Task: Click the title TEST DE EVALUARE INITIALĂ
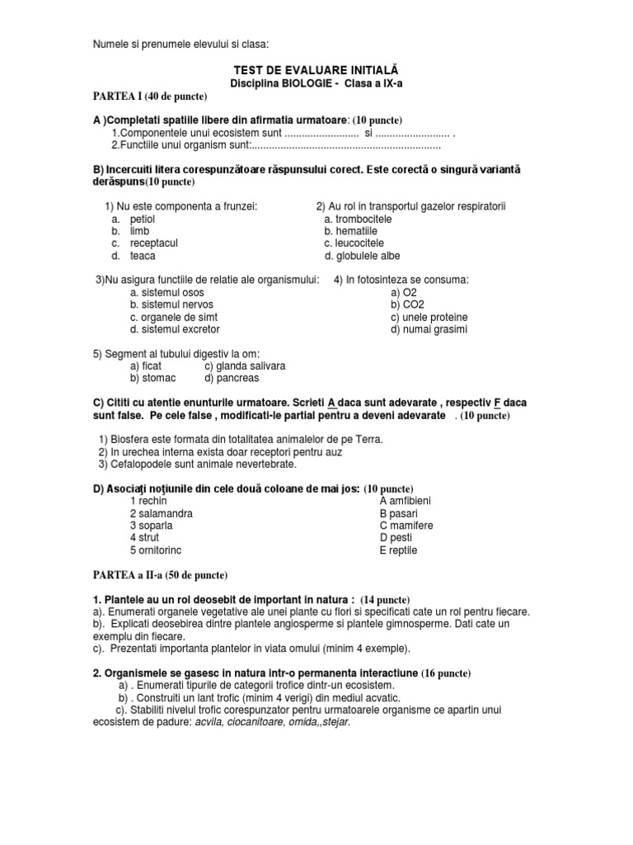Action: point(317,72)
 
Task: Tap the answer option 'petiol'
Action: point(143,219)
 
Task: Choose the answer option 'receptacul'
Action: point(154,243)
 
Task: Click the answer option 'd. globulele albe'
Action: point(362,256)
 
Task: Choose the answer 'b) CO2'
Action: point(405,304)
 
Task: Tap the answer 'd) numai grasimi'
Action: point(429,329)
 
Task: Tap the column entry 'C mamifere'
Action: point(406,526)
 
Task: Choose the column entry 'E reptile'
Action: point(398,550)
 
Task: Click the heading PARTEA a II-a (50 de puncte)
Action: point(159,574)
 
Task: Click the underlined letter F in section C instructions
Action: point(497,403)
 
